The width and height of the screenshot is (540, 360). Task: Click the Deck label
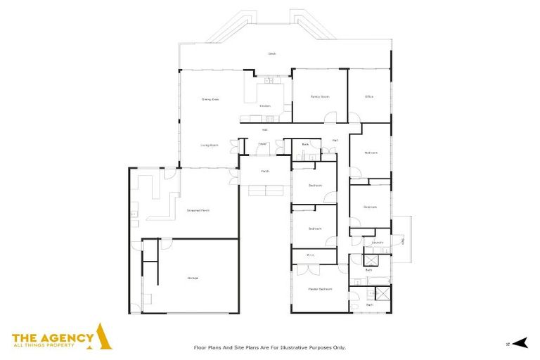click(271, 54)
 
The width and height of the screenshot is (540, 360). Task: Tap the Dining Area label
click(210, 100)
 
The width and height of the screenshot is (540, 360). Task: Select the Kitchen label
click(265, 106)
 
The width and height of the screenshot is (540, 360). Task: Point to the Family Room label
click(320, 96)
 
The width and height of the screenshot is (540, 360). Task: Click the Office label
click(368, 96)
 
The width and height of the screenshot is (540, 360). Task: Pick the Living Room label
click(210, 145)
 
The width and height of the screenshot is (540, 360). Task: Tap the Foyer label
click(262, 144)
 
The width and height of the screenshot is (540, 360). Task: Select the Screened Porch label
click(198, 210)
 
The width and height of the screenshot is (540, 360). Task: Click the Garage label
click(192, 278)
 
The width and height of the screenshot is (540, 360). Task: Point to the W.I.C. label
click(310, 255)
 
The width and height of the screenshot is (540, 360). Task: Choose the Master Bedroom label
click(319, 289)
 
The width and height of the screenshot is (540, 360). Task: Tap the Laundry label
click(377, 243)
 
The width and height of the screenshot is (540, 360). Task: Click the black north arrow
click(520, 343)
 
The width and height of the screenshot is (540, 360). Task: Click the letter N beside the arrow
click(507, 344)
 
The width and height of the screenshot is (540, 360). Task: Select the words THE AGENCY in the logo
click(53, 337)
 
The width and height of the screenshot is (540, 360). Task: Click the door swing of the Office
click(356, 120)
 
